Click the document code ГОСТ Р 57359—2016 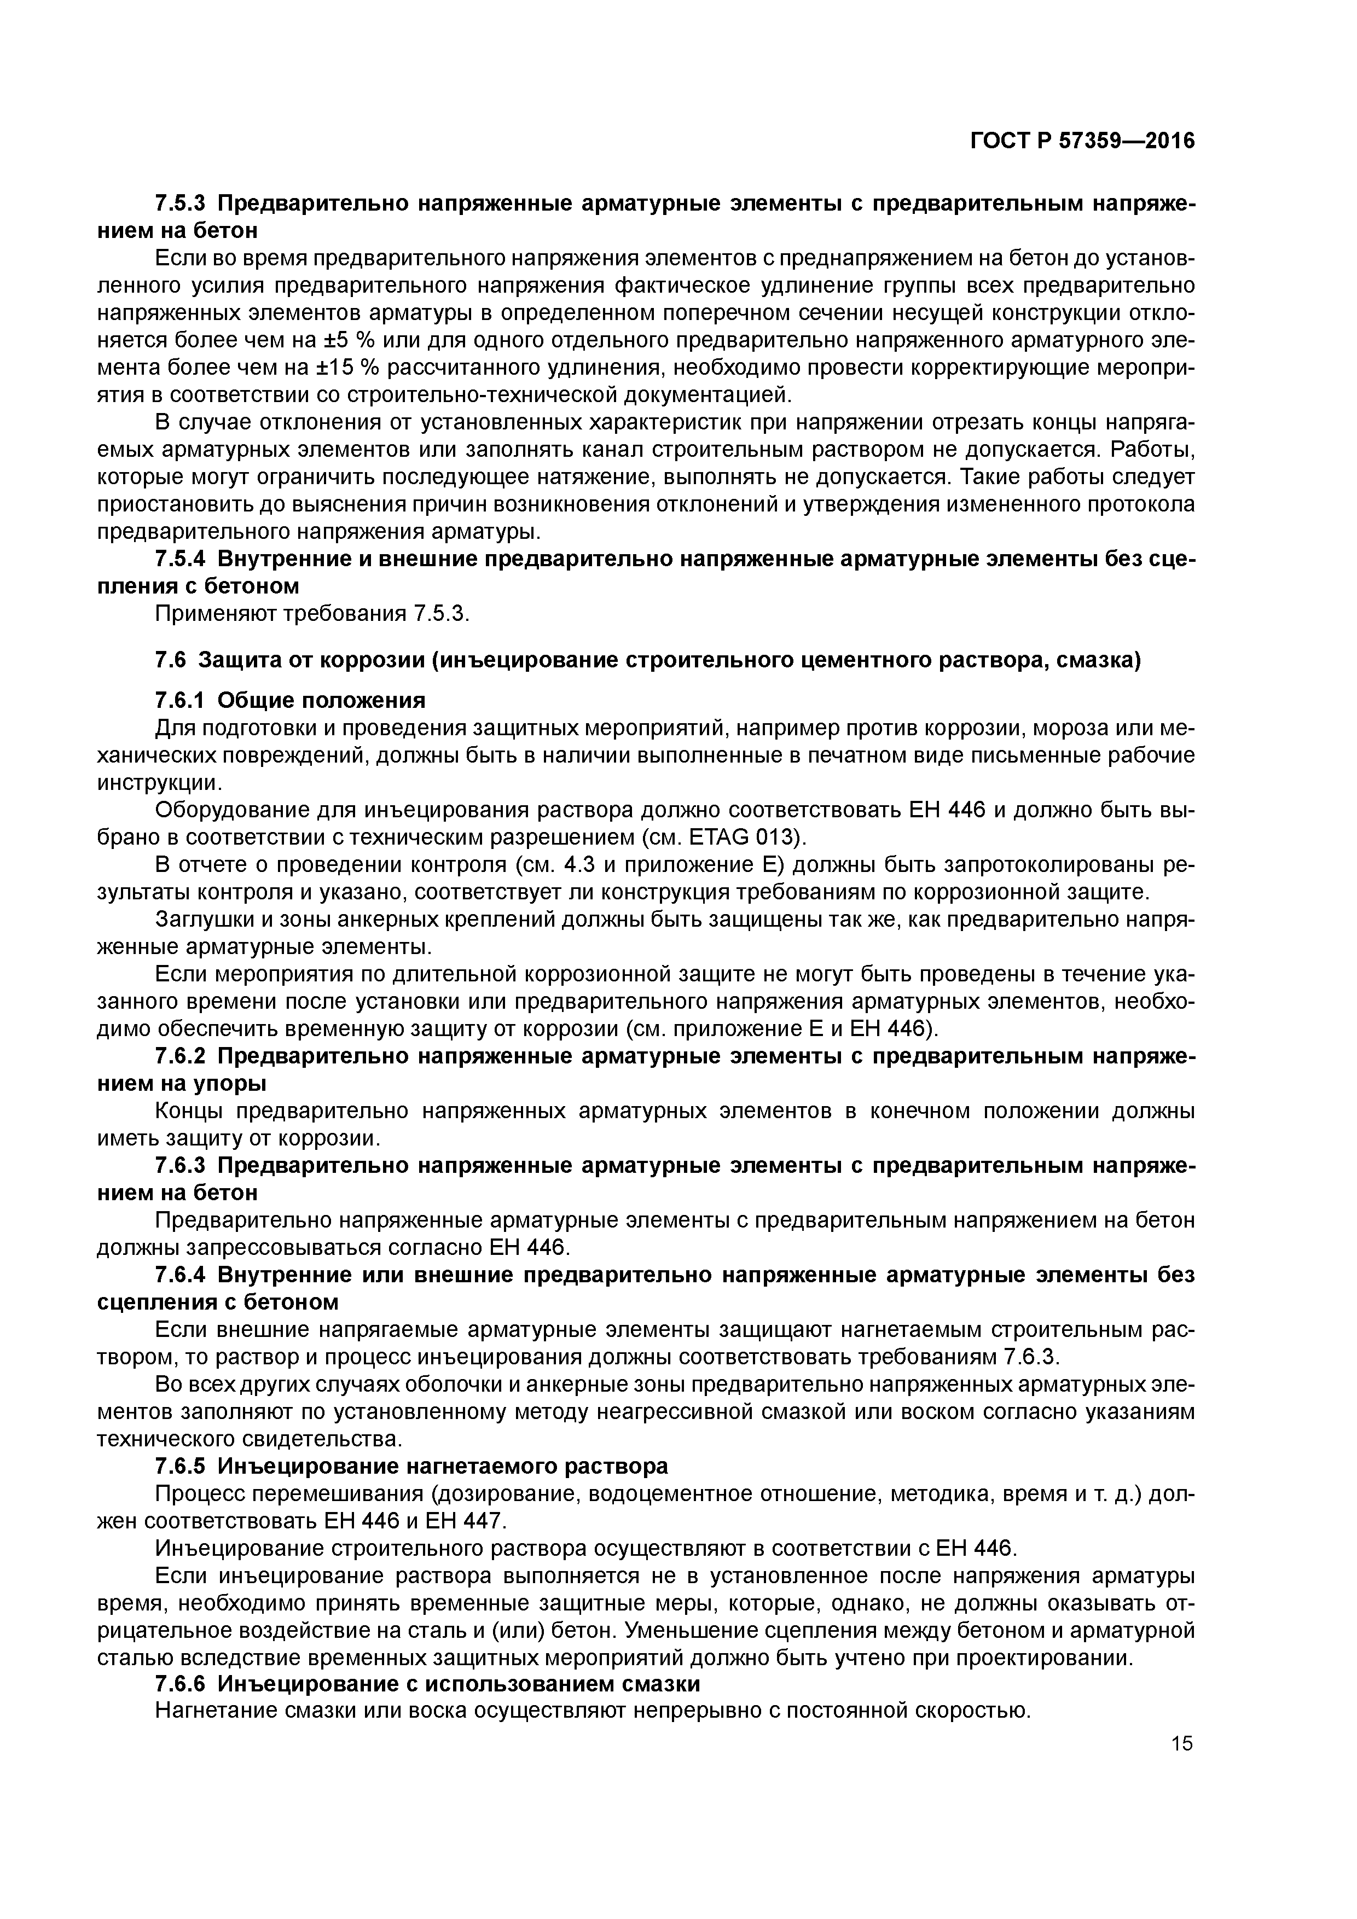click(x=1082, y=141)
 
